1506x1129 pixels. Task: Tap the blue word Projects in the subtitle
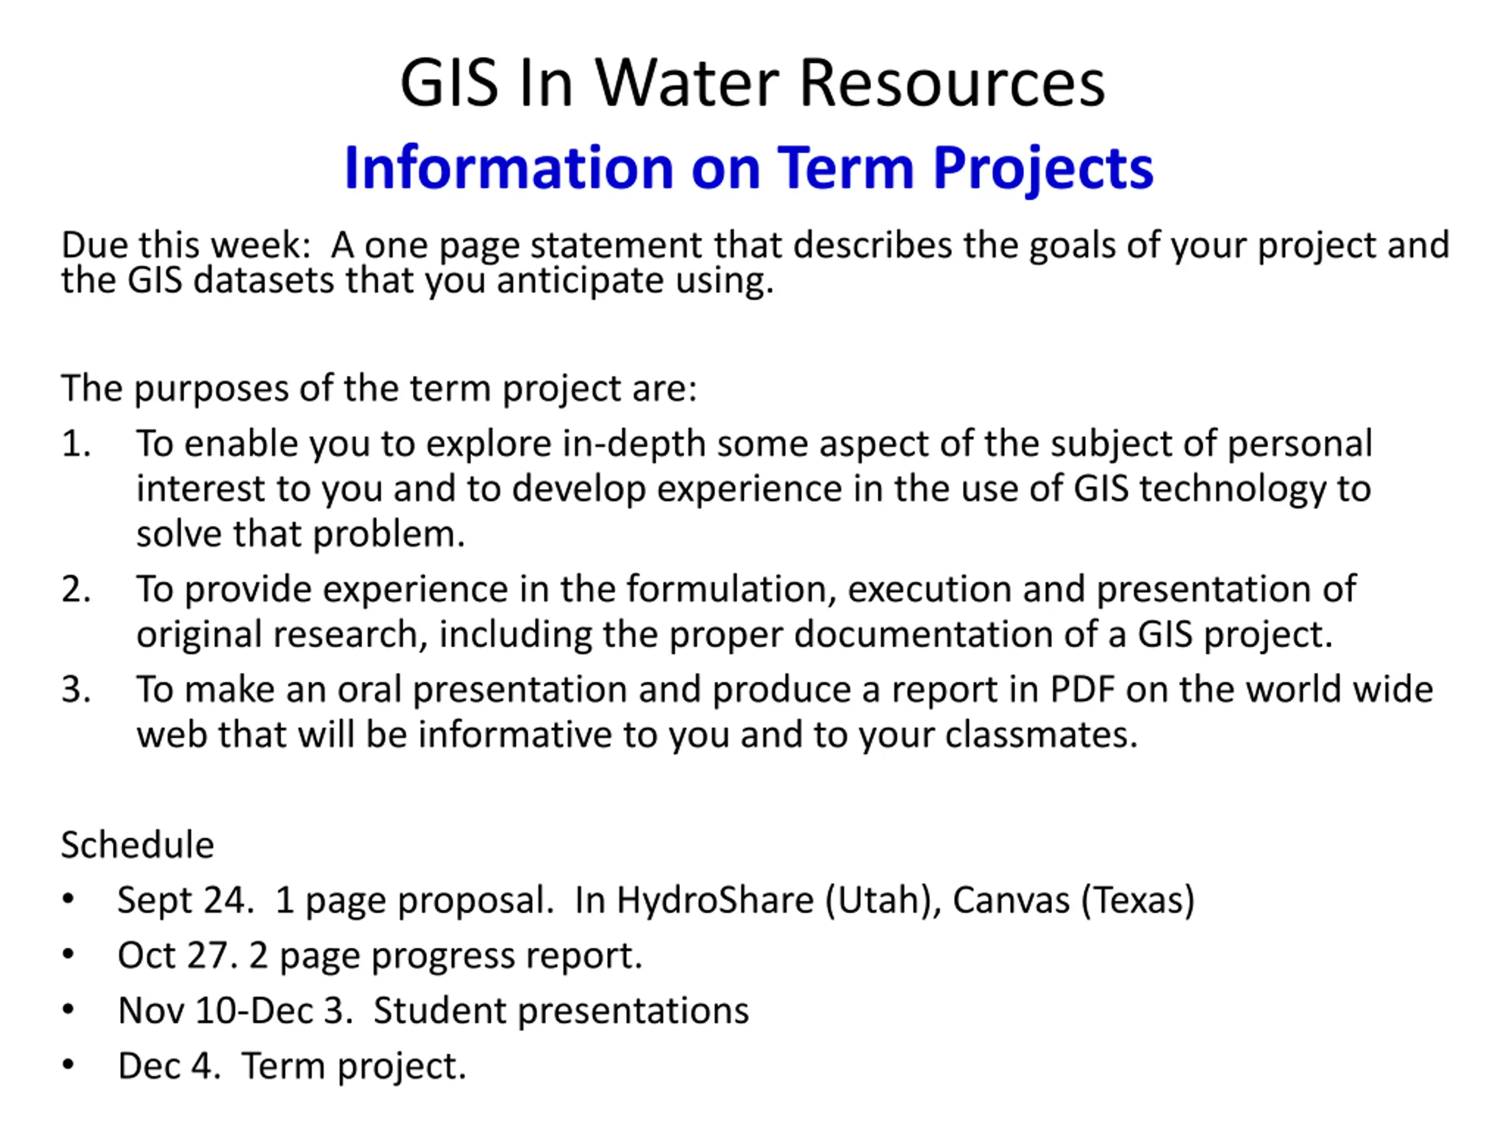pyautogui.click(x=1043, y=169)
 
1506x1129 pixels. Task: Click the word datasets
pyautogui.click(x=264, y=280)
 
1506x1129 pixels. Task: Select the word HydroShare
pyautogui.click(x=715, y=901)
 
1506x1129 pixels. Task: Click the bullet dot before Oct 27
pyautogui.click(x=68, y=954)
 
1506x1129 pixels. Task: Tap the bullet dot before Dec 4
pyautogui.click(x=68, y=1064)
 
